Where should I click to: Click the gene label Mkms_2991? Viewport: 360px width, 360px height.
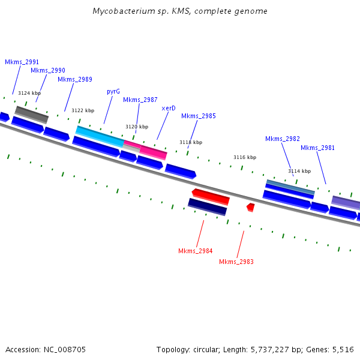point(22,62)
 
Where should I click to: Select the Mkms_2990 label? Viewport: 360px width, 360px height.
point(48,70)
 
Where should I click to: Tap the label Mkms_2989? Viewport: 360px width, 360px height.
point(75,79)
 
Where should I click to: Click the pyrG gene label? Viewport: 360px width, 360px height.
point(113,92)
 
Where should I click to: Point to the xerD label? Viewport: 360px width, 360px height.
point(169,108)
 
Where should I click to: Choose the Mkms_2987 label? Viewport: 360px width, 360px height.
point(140,100)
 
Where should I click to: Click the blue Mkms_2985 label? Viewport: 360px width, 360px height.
point(199,116)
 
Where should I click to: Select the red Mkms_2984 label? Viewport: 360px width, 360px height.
point(196,251)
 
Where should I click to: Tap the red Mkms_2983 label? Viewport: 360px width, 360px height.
point(236,262)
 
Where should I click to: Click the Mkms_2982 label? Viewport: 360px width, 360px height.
point(283,139)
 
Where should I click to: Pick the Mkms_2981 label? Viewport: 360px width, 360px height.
point(317,148)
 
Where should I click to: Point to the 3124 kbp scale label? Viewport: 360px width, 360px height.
point(29,93)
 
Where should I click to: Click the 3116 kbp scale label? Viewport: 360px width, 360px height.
point(245,157)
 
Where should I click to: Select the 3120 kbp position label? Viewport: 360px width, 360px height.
point(137,127)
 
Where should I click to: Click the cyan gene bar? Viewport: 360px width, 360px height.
point(100,136)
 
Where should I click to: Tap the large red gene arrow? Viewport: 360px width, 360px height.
point(211,197)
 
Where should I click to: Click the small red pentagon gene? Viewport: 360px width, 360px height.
point(251,208)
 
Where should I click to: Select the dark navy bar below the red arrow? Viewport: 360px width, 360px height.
point(208,207)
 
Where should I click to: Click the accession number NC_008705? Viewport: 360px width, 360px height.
point(65,350)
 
